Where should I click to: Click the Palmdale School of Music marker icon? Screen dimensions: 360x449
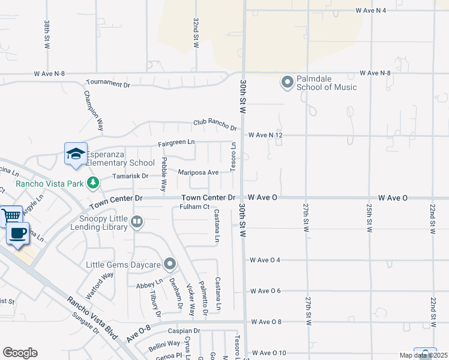tap(287, 82)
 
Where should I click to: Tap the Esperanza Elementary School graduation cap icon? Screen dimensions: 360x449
tap(76, 154)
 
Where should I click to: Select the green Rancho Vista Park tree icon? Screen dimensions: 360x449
tap(92, 182)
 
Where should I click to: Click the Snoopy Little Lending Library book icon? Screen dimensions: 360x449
tap(137, 223)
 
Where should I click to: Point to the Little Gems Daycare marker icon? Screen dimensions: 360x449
tap(170, 264)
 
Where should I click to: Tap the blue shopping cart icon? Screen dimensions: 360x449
tap(11, 215)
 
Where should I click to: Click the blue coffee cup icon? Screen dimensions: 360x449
tap(17, 233)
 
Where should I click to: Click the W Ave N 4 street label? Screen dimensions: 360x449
tap(379, 10)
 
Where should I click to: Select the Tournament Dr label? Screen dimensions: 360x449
tap(108, 83)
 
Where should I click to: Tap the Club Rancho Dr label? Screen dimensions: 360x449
tap(215, 124)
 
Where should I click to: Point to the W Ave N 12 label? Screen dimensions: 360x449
tap(265, 135)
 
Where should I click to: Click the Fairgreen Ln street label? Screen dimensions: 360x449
tap(176, 142)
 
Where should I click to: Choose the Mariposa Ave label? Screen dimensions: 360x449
tap(198, 172)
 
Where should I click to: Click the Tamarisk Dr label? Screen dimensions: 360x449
tap(130, 176)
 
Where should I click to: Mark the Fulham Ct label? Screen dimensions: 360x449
tap(193, 207)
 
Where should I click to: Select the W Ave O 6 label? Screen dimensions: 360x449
tap(265, 291)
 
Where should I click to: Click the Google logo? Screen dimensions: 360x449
tap(20, 352)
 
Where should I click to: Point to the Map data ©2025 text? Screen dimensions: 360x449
tap(423, 355)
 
